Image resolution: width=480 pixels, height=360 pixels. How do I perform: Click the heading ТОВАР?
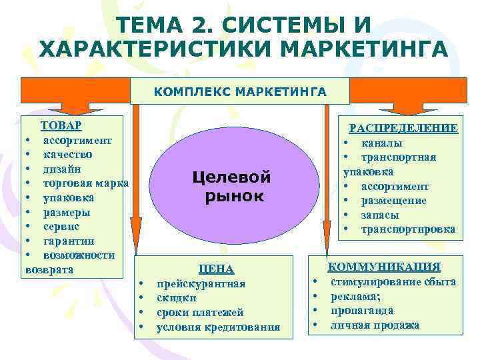click(61, 125)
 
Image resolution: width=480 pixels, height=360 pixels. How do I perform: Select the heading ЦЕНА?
click(217, 269)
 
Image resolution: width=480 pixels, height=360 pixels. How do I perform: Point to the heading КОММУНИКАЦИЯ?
click(393, 267)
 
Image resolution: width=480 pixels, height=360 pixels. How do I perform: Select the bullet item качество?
click(67, 154)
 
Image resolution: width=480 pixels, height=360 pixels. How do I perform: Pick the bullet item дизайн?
click(63, 169)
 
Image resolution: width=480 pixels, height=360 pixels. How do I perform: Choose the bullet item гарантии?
click(69, 241)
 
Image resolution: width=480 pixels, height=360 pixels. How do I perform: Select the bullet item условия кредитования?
click(218, 327)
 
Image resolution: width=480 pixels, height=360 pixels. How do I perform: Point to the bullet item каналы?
click(381, 143)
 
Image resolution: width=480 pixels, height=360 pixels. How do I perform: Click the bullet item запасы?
click(380, 215)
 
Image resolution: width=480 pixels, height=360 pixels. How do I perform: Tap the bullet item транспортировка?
click(408, 229)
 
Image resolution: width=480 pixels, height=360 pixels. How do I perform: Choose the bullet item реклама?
click(356, 296)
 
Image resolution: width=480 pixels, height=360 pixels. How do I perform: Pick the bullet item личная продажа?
click(375, 325)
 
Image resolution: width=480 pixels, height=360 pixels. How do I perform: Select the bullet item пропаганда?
click(362, 311)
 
